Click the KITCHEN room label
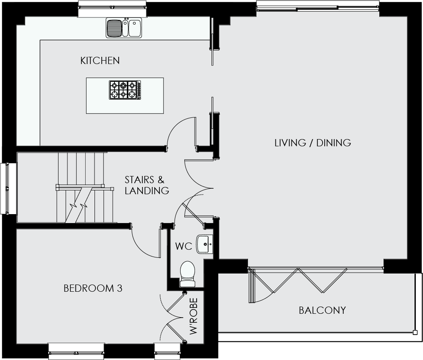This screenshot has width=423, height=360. click(100, 61)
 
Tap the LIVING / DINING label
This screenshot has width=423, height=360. click(313, 143)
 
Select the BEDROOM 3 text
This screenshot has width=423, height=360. click(93, 288)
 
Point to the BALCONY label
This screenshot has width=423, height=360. click(323, 310)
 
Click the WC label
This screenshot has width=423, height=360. click(184, 246)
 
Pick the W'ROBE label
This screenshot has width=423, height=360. click(194, 316)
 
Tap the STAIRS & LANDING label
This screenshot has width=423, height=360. click(147, 185)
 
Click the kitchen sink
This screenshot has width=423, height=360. click(124, 28)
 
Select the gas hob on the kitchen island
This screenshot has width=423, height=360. click(125, 90)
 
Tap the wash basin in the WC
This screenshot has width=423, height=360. click(204, 244)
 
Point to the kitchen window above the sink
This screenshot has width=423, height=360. click(112, 9)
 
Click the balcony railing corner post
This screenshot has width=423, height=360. click(414, 332)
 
